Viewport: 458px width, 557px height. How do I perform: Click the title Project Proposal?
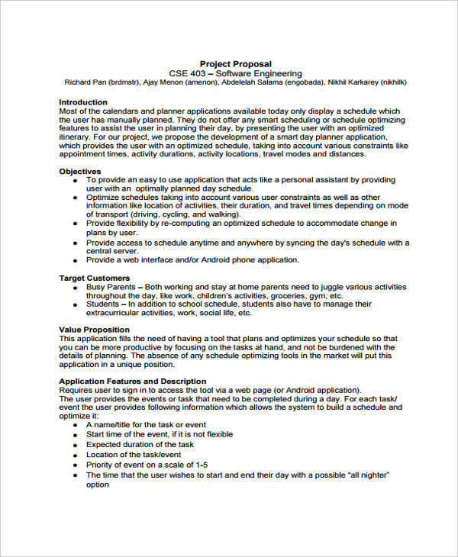(235, 63)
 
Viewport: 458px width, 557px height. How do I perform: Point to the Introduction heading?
(83, 101)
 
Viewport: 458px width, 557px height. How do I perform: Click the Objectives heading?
(80, 172)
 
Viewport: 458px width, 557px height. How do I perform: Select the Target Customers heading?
(94, 278)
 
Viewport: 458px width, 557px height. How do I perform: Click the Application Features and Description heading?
(132, 381)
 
